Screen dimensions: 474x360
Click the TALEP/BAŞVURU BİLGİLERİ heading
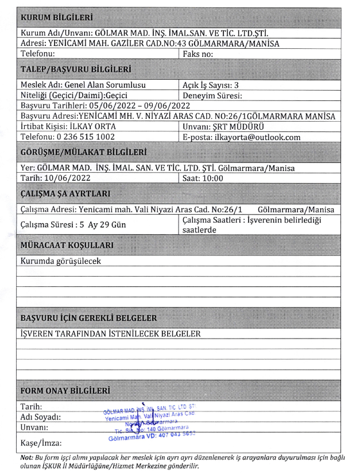[75, 69]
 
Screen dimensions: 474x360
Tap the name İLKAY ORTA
[90, 126]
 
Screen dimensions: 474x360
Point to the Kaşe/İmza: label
[40, 443]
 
